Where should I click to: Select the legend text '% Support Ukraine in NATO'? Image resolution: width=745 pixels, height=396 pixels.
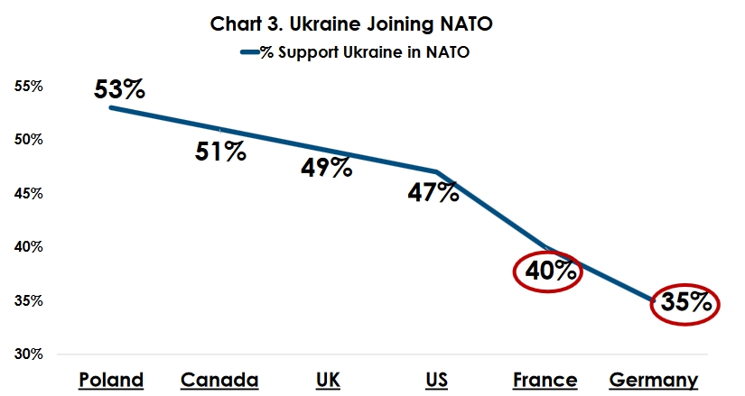[366, 52]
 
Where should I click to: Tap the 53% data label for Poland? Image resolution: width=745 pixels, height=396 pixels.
[118, 90]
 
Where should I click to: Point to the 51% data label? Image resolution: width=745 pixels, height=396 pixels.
[220, 151]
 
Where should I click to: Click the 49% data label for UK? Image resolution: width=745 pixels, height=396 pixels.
[326, 167]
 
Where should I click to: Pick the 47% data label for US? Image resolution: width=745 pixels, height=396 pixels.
[433, 192]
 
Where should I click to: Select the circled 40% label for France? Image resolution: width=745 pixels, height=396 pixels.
[548, 271]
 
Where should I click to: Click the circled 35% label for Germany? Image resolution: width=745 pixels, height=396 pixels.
[685, 302]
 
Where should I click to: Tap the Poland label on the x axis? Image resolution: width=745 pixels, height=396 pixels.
[111, 380]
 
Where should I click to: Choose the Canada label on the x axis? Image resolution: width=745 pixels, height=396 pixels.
[219, 380]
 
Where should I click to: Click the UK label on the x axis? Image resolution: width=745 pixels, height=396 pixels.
[328, 380]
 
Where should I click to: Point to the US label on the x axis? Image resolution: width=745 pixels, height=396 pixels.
[436, 380]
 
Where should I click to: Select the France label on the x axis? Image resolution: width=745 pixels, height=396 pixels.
[545, 380]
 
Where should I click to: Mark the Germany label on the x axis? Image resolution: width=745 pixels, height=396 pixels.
[654, 380]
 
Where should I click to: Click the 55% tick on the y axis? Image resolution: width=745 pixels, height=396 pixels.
[29, 87]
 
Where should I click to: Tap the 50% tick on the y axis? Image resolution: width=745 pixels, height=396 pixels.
[29, 140]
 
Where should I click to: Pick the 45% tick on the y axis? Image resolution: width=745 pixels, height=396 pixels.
[29, 193]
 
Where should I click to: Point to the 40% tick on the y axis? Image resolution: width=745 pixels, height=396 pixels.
[29, 246]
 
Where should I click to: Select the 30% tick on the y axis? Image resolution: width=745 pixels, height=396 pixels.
[29, 354]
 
